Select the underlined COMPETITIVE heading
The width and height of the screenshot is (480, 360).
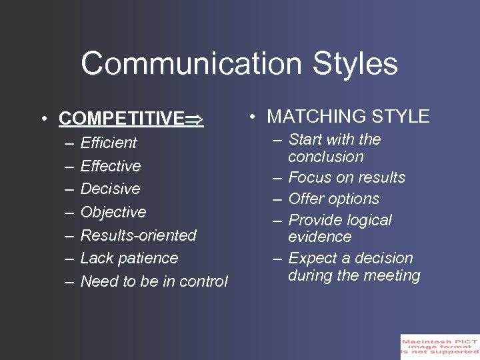point(121,119)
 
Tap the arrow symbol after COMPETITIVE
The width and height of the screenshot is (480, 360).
point(195,119)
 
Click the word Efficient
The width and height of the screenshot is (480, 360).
point(109,143)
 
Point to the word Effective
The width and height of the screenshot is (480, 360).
point(111,166)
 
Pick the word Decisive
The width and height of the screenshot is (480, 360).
point(110,189)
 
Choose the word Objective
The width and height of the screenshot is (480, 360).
point(113,212)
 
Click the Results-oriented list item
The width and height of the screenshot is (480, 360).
point(139,235)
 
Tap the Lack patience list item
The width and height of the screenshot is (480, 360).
point(129,258)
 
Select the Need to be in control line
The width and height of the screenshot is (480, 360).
point(154,281)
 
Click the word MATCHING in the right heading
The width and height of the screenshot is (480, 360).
point(312,117)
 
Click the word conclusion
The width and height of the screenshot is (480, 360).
point(326,157)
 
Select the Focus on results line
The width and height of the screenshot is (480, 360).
point(347,177)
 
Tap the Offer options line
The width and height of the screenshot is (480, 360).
point(334,199)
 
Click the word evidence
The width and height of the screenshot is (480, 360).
point(320,237)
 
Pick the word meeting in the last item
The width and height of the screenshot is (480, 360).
point(394,276)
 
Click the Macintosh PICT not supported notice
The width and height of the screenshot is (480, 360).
point(439,347)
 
